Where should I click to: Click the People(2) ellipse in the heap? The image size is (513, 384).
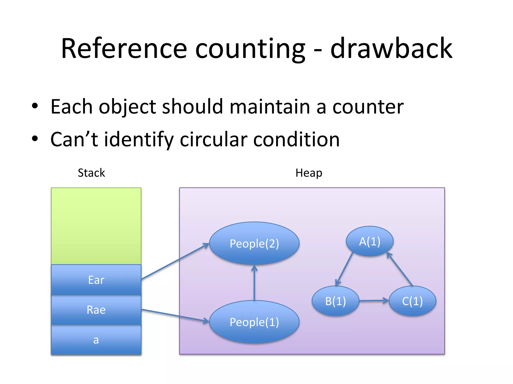tap(254, 243)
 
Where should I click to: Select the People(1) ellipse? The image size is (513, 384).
tap(254, 322)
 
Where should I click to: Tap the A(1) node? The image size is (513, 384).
tap(370, 241)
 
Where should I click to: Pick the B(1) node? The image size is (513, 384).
tap(335, 301)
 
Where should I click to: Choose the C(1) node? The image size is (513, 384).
tap(412, 301)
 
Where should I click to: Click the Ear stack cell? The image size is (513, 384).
tap(96, 280)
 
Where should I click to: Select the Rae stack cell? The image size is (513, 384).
tap(96, 310)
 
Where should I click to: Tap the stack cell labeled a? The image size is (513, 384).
tap(96, 340)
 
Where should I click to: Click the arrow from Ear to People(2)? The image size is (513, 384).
tap(175, 261)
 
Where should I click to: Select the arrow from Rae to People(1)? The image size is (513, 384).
tap(175, 315)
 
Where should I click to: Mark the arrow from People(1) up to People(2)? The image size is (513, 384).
tap(254, 282)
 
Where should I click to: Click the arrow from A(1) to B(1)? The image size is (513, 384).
tap(344, 269)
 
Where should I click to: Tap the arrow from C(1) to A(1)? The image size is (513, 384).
tap(400, 269)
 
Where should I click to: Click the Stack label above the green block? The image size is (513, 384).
tap(91, 173)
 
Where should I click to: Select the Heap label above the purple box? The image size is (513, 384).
tap(309, 173)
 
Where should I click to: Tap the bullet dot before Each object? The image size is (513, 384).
tap(35, 106)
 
